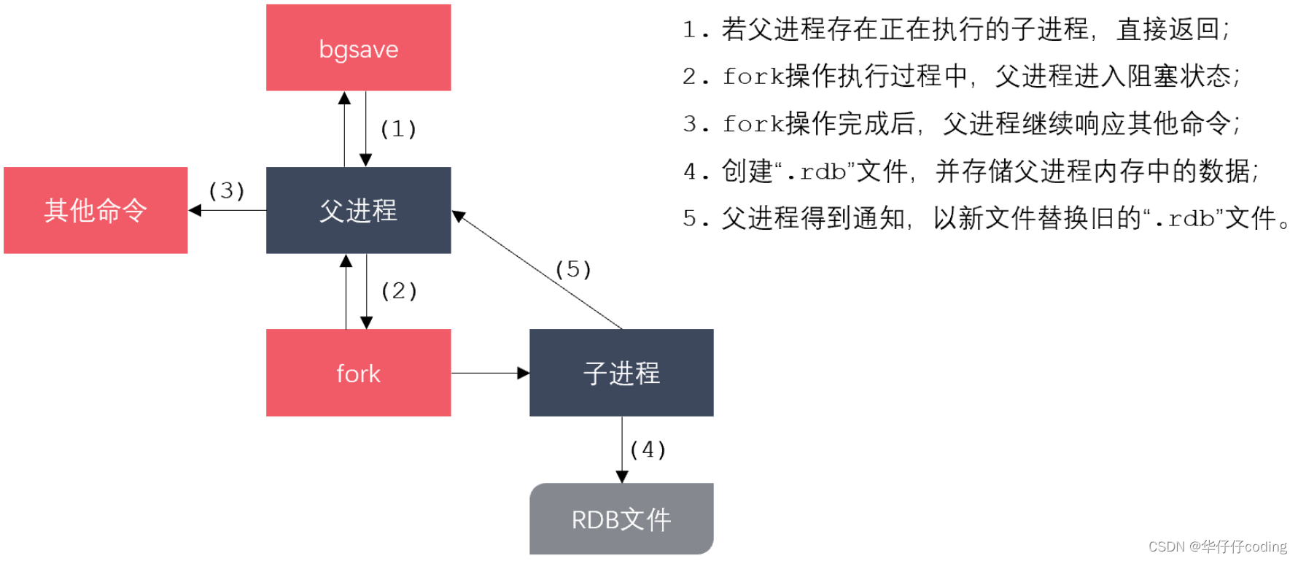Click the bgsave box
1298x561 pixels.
[358, 48]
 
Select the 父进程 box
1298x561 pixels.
[358, 210]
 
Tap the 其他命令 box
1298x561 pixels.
[96, 210]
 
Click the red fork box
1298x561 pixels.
[358, 373]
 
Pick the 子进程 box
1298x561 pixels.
[621, 373]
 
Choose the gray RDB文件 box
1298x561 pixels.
[621, 519]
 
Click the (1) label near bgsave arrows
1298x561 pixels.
[398, 129]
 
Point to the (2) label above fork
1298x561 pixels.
[399, 291]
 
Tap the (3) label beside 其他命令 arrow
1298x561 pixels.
[226, 191]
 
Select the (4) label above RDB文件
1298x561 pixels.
[648, 449]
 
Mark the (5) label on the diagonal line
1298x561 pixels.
[572, 270]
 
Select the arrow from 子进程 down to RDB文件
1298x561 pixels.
[622, 449]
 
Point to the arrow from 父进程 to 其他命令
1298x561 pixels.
[227, 210]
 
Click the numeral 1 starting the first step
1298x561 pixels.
[689, 30]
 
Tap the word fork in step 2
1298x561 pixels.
[753, 77]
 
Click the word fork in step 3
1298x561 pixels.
[753, 124]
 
